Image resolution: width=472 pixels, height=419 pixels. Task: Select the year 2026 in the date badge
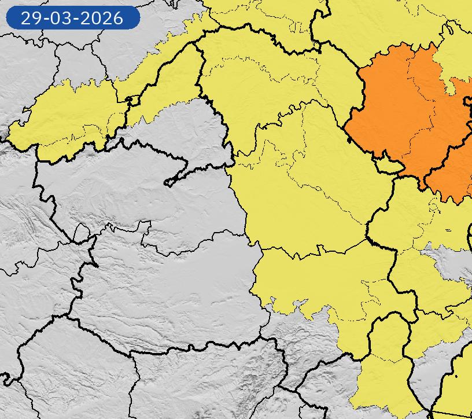pyautogui.click(x=102, y=18)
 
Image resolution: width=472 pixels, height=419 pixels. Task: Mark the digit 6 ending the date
pyautogui.click(x=118, y=18)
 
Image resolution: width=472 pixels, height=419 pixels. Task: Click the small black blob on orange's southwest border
pyautogui.click(x=350, y=139)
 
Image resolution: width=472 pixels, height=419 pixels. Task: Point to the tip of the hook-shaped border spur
pyautogui.click(x=167, y=183)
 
